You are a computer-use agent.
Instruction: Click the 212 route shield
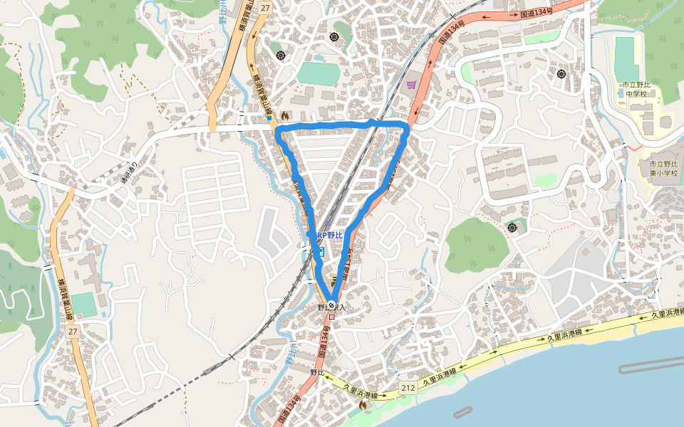(x=408, y=388)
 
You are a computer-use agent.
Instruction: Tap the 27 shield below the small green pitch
(x=72, y=332)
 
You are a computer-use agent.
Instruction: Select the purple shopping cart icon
(x=411, y=85)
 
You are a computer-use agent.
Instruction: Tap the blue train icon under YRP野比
(x=321, y=251)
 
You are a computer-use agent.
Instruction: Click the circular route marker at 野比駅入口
(x=331, y=305)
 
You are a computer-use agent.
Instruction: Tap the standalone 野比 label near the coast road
(x=316, y=372)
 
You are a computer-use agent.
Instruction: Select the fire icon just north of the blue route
(x=286, y=114)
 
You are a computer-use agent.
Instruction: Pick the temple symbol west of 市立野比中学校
(x=561, y=73)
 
